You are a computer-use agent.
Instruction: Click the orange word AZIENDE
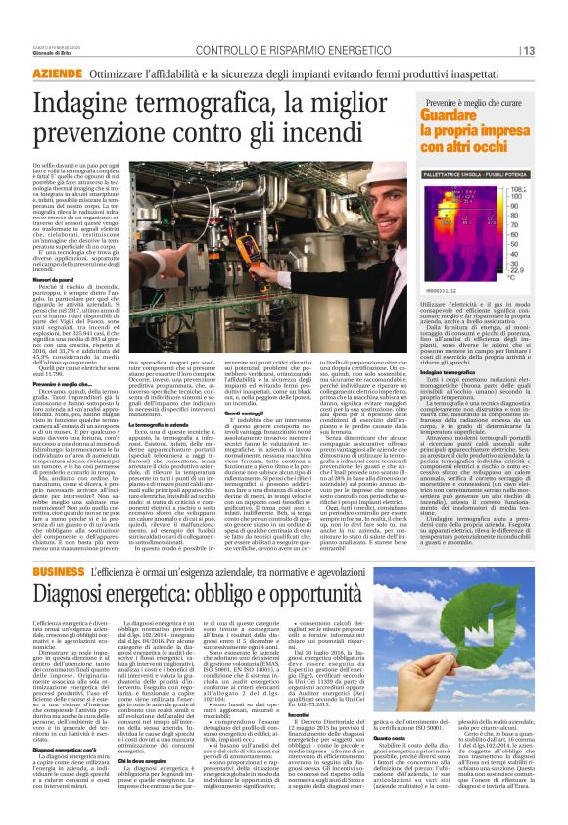[57, 73]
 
